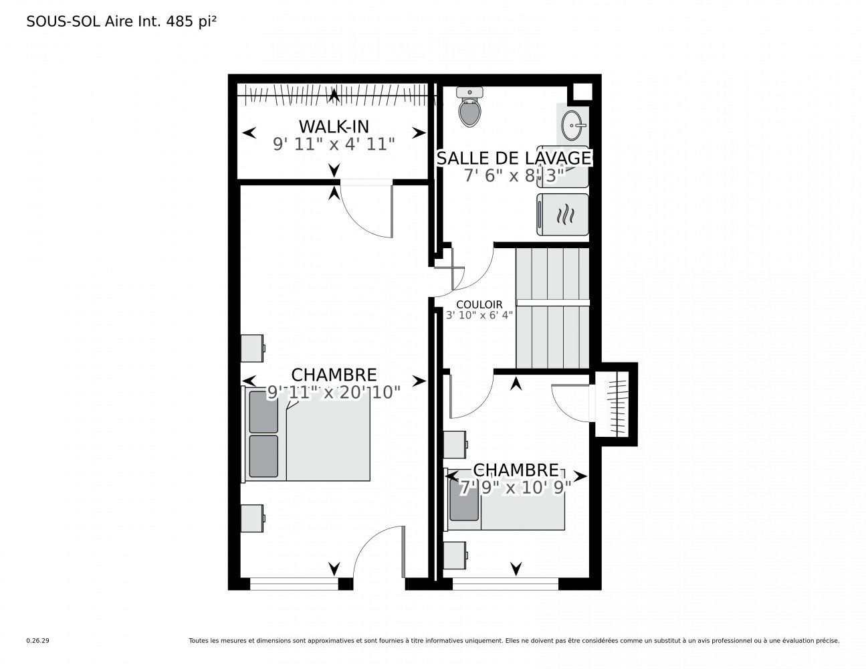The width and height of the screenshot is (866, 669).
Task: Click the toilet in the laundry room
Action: coord(469,107)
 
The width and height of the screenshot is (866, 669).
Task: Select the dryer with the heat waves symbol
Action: coord(562,214)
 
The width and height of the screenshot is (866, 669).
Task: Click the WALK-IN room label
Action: coord(334,126)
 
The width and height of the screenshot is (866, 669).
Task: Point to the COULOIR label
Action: coord(479,304)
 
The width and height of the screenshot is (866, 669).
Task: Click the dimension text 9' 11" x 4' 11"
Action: coord(334,144)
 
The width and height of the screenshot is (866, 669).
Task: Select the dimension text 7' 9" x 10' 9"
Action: coord(516,487)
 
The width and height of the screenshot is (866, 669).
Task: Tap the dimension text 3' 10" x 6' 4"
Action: coord(479,315)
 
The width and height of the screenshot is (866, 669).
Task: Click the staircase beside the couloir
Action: coord(552,308)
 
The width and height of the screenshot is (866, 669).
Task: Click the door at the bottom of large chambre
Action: coord(379,551)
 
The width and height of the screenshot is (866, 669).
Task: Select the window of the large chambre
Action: coord(294,583)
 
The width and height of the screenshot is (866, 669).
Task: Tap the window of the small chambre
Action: coord(506,583)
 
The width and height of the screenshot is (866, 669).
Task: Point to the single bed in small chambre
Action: coord(504,499)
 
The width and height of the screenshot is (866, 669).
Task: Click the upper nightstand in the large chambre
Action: coord(253,348)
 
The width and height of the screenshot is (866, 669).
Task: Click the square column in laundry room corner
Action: coord(582,92)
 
